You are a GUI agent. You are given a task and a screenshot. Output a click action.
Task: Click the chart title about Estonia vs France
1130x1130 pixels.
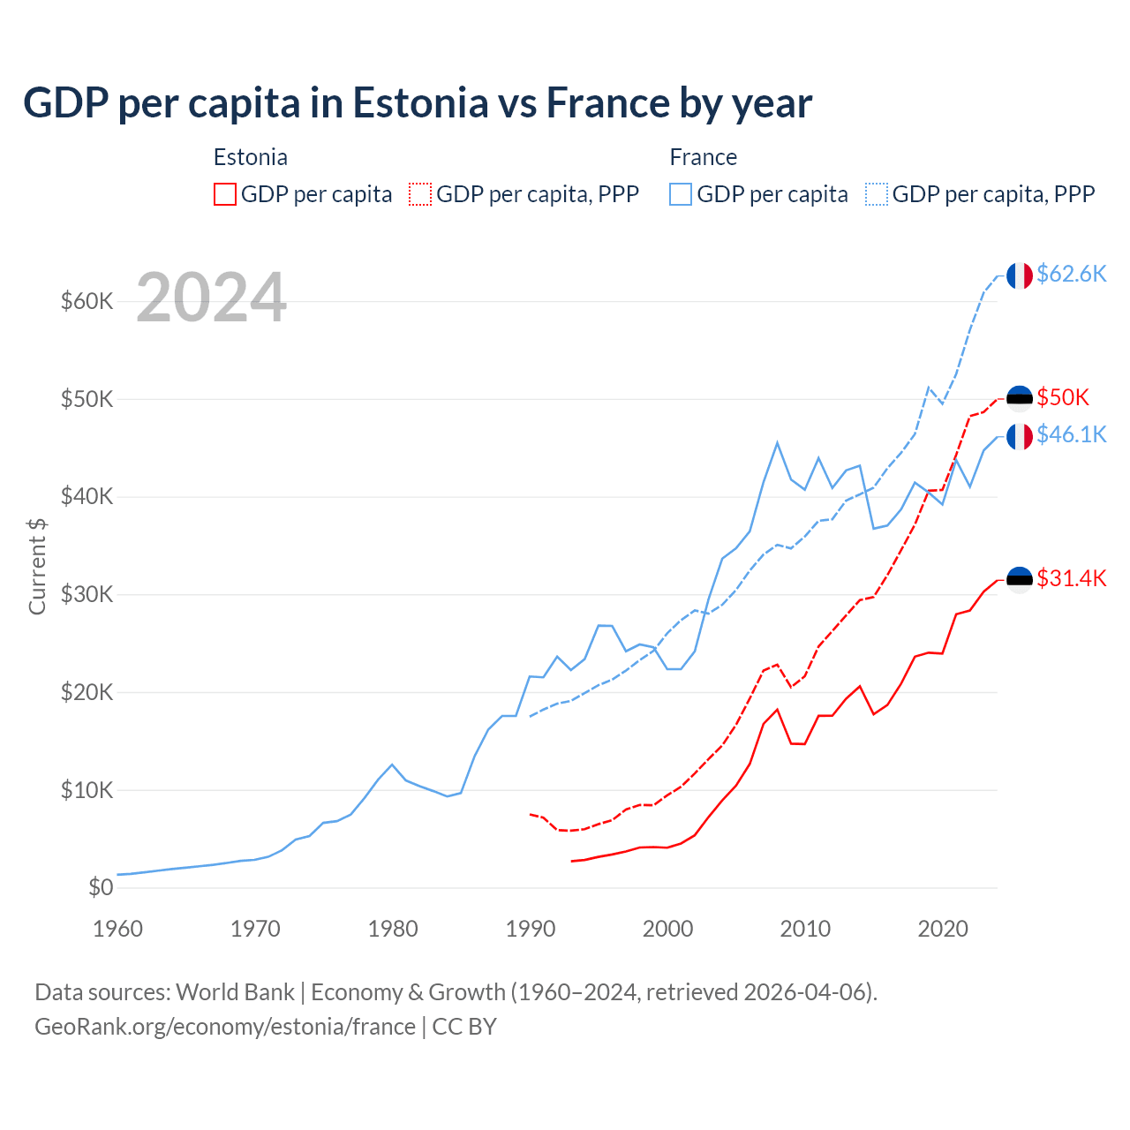[x=417, y=103]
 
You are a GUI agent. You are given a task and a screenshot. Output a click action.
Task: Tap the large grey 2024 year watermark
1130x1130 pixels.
[x=211, y=298]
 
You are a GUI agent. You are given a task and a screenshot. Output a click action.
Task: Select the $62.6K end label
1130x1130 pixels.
[x=1071, y=274]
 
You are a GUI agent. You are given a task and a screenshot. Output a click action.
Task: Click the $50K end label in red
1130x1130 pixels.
[x=1063, y=397]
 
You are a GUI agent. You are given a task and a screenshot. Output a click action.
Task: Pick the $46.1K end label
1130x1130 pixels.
[x=1071, y=434]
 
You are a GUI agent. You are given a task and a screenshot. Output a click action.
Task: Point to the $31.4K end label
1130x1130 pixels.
[x=1071, y=578]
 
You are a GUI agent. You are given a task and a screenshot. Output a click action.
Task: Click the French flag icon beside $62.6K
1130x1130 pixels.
[x=1020, y=275]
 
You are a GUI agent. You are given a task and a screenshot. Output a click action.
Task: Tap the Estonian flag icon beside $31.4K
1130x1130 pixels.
[x=1020, y=580]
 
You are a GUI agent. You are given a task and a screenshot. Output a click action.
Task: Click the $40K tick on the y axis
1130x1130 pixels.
[x=87, y=496]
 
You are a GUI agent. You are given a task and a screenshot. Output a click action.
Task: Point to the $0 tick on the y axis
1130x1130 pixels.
[x=101, y=887]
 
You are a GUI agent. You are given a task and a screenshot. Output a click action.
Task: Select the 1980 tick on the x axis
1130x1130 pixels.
[x=393, y=929]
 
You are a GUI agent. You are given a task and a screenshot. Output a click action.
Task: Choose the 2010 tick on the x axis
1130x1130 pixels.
[x=805, y=929]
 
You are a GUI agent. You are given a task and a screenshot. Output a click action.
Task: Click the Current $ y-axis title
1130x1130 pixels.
[x=37, y=566]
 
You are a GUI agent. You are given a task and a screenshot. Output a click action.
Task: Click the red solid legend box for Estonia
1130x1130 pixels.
[x=225, y=194]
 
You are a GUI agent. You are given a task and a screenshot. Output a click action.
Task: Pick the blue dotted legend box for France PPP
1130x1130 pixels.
[x=876, y=194]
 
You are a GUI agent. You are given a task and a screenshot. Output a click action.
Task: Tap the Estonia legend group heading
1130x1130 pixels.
[x=250, y=157]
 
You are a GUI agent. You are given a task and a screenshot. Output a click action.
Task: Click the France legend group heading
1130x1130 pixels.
[x=703, y=157]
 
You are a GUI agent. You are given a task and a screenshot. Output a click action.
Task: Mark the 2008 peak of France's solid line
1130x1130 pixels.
[x=777, y=443]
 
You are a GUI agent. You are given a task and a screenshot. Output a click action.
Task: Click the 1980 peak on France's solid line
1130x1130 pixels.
[x=392, y=765]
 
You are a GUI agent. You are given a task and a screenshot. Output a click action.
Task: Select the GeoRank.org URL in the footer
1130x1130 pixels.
[x=225, y=1027]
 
